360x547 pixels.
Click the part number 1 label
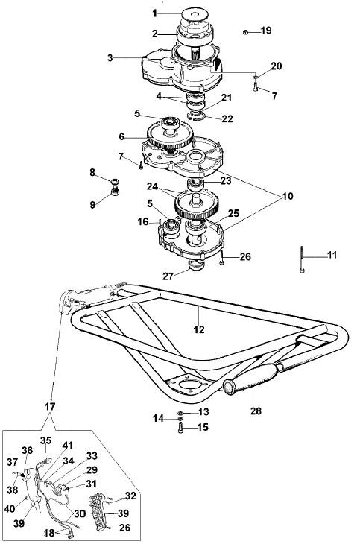point(154,13)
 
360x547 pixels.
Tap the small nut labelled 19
point(245,32)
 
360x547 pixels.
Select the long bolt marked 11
point(302,259)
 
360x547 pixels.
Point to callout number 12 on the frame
point(199,329)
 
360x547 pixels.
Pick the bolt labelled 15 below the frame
point(180,427)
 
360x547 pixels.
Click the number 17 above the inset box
point(50,406)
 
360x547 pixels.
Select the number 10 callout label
point(288,196)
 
